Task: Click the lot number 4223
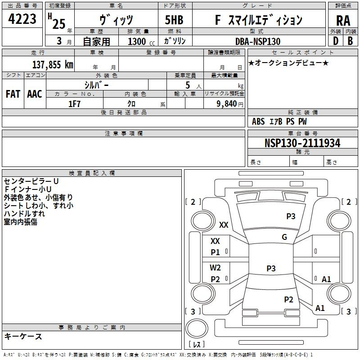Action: (22, 20)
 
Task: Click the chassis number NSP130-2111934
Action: (302, 143)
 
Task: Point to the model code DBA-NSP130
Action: (258, 41)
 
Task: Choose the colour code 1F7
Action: (74, 103)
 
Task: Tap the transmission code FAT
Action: (13, 94)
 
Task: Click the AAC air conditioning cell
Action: (34, 94)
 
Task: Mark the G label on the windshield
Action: (284, 237)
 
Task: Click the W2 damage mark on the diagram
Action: (216, 267)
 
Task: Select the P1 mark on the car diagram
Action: (216, 252)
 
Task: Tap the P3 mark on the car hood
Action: (291, 216)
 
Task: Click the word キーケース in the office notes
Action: (23, 336)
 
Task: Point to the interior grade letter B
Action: (350, 41)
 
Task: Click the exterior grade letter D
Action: (335, 41)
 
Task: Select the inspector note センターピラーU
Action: (31, 181)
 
